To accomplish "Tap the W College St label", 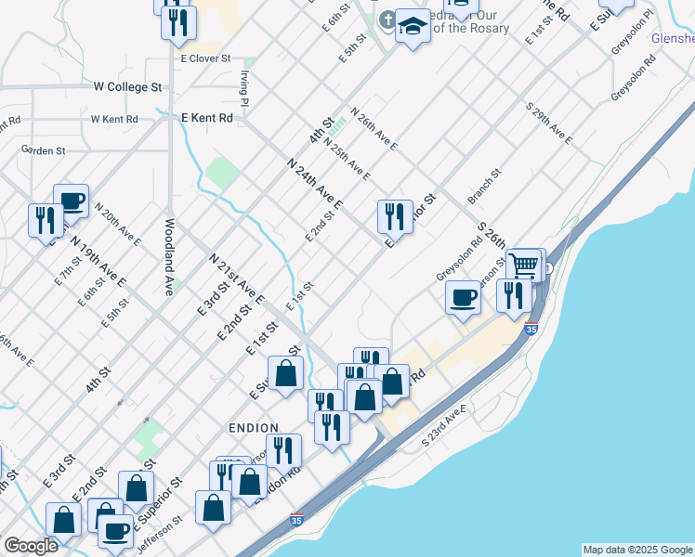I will click(x=128, y=86).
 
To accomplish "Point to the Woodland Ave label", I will click(x=170, y=256).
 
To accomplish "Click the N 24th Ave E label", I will click(x=316, y=184).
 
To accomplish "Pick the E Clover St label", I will click(x=206, y=57).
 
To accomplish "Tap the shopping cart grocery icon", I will click(x=524, y=265).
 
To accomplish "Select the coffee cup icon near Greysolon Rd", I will click(x=463, y=298).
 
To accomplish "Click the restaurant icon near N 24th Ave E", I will click(x=395, y=216).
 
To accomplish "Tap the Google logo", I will click(x=31, y=546).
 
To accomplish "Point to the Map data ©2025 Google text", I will click(x=637, y=550).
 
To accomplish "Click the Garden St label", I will click(x=44, y=149).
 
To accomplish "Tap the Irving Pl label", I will click(x=243, y=87).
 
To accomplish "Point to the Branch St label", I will click(x=484, y=187).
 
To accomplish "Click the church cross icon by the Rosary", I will click(x=387, y=19).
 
